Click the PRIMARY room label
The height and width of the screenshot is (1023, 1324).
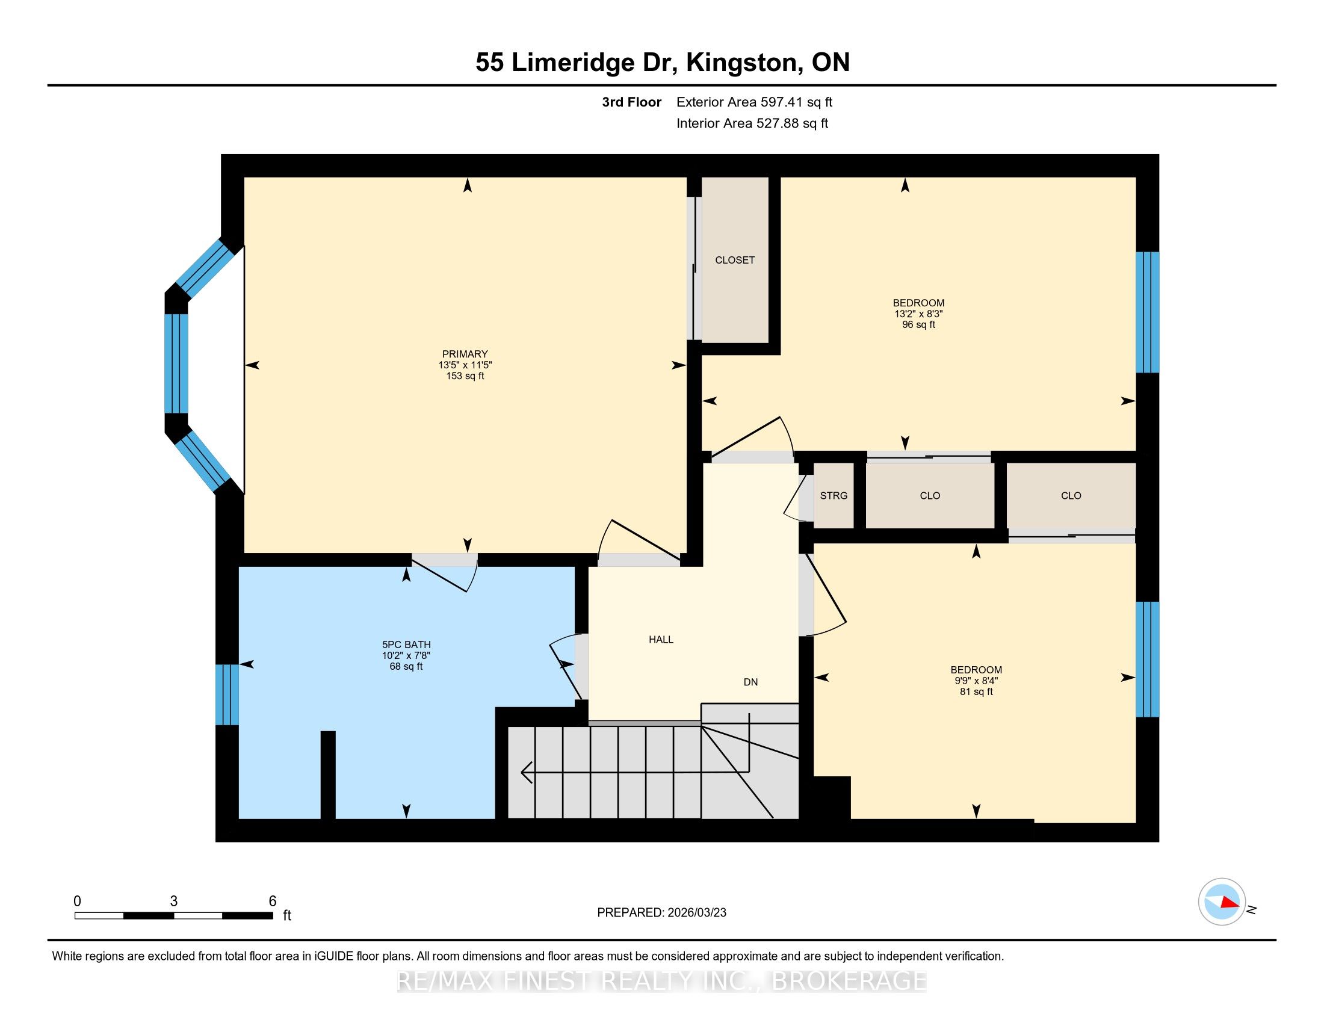[x=465, y=354]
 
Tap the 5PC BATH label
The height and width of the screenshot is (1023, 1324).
[x=406, y=645]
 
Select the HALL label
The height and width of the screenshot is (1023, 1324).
[x=661, y=639]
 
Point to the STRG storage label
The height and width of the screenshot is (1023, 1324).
[x=834, y=496]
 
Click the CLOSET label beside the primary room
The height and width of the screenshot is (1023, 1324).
[x=735, y=260]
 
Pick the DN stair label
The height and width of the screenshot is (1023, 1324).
[x=750, y=682]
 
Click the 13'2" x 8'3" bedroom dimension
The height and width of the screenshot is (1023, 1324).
[x=918, y=314]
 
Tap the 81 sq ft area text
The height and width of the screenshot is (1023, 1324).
[x=976, y=691]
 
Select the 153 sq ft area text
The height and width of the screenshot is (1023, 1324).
[x=465, y=376]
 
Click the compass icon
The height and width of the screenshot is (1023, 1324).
[x=1222, y=902]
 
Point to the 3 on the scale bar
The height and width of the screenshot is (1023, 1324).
[x=174, y=901]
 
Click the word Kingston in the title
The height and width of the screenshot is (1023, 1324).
[x=741, y=63]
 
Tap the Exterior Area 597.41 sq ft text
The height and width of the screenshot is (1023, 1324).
[x=754, y=102]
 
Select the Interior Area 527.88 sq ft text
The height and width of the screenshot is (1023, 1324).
[x=752, y=123]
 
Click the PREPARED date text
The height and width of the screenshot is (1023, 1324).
[x=661, y=913]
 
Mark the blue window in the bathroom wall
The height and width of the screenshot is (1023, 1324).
[x=227, y=694]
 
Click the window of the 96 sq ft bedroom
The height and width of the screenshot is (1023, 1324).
[x=1147, y=312]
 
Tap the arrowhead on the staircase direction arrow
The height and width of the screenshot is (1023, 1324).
[x=526, y=772]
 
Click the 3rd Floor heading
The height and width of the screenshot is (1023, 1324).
[x=631, y=102]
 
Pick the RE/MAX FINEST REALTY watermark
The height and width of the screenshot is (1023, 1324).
[x=661, y=981]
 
